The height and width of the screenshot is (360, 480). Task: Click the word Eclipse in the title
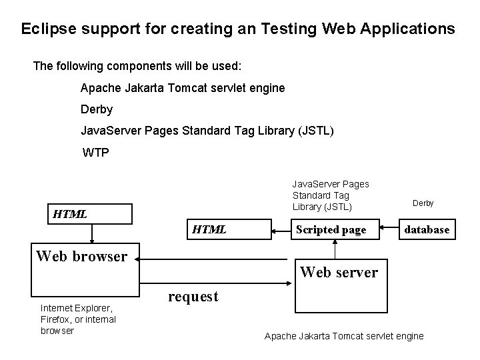click(46, 30)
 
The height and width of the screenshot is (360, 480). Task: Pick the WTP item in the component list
click(95, 153)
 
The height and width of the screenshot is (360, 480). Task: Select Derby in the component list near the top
click(97, 109)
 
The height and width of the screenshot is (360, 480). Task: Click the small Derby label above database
click(423, 203)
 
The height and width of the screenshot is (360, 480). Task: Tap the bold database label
click(427, 229)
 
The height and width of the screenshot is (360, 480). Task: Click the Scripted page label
click(331, 229)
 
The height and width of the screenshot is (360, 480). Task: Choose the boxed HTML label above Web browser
click(69, 214)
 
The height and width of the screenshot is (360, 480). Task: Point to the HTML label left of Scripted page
click(209, 229)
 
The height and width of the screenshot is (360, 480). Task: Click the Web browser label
click(81, 256)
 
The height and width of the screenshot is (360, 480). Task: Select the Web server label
click(339, 272)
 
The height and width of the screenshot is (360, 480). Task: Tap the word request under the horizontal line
click(193, 297)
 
